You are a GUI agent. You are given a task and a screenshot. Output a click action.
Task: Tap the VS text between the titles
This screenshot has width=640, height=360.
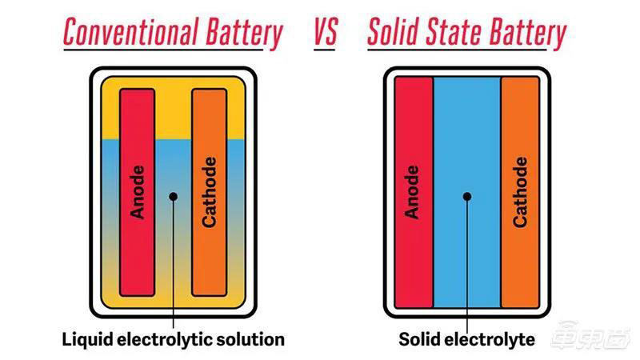pyautogui.click(x=325, y=34)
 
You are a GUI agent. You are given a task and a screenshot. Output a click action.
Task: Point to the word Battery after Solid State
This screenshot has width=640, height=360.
pyautogui.click(x=525, y=34)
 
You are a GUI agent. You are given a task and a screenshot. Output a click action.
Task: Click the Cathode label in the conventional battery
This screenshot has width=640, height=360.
pyautogui.click(x=209, y=192)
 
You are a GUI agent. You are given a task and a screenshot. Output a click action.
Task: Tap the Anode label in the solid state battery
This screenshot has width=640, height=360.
pyautogui.click(x=414, y=192)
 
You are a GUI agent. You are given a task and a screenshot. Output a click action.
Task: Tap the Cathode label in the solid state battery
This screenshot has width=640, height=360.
pyautogui.click(x=520, y=192)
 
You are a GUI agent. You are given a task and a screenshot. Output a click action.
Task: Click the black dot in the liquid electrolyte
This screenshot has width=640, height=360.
pyautogui.click(x=174, y=194)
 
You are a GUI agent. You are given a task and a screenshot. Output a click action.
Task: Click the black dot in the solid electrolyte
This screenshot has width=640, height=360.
pyautogui.click(x=467, y=194)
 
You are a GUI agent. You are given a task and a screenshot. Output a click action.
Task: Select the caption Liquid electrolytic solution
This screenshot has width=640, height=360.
pyautogui.click(x=174, y=339)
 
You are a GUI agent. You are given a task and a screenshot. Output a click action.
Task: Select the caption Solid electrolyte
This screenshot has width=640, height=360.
pyautogui.click(x=467, y=339)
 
